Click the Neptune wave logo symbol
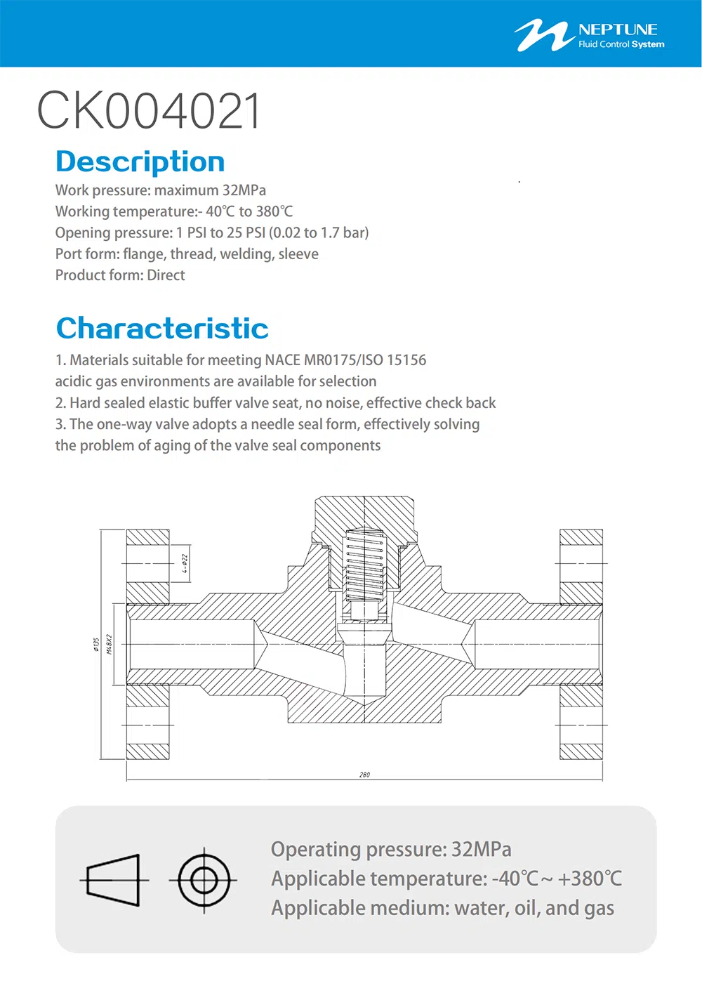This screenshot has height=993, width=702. tap(542, 35)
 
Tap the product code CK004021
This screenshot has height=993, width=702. tap(150, 111)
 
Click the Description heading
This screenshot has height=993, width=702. tap(140, 162)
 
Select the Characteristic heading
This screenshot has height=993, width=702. tap(162, 328)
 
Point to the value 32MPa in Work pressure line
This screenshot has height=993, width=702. tap(244, 190)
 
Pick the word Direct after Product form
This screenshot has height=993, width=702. tap(166, 275)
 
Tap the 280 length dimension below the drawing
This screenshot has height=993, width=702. tap(364, 775)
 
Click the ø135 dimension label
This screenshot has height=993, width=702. tap(96, 645)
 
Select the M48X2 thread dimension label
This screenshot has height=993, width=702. tap(110, 644)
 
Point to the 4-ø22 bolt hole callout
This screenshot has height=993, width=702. tap(185, 564)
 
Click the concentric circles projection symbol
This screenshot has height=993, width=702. tap(204, 879)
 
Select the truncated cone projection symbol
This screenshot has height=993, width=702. tap(114, 880)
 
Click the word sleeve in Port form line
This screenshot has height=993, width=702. tap(298, 254)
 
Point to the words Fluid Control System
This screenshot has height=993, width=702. tap(621, 44)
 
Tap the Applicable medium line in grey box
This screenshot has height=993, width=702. tap(442, 908)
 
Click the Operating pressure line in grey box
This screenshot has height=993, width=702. tap(391, 849)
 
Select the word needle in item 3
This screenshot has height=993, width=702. tap(274, 424)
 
